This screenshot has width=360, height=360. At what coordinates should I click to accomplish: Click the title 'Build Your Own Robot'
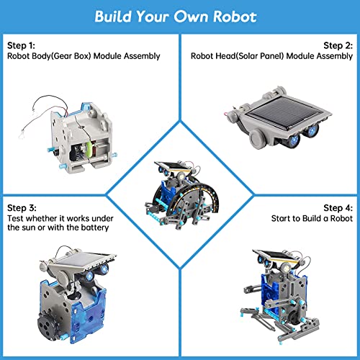(x=179, y=16)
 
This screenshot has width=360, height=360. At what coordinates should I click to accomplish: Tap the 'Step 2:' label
(x=338, y=44)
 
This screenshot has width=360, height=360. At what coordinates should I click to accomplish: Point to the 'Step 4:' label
(x=338, y=207)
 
